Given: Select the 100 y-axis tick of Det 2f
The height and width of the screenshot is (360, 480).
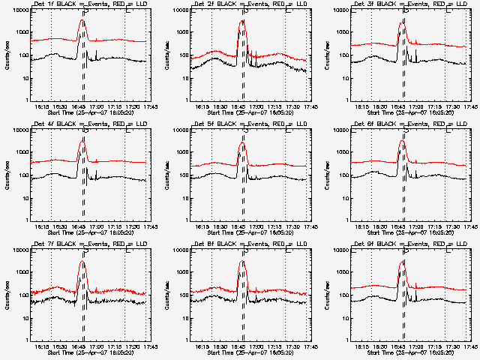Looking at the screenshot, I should click(184, 55).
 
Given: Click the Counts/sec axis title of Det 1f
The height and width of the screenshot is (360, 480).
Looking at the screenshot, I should click(7, 55).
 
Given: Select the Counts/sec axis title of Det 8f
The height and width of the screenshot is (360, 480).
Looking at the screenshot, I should click(167, 295).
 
